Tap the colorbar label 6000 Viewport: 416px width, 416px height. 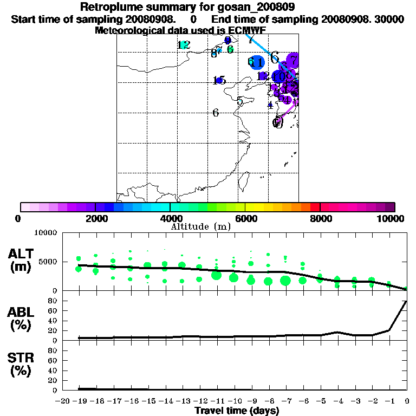click(x=245, y=218)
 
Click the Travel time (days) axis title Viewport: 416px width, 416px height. click(x=237, y=411)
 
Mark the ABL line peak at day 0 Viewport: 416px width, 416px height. click(x=406, y=301)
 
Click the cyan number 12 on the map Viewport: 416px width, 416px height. click(x=184, y=45)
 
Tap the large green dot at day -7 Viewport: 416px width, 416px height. click(x=285, y=280)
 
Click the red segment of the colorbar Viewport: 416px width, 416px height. click(x=315, y=207)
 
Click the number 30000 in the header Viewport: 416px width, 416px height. click(x=389, y=19)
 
